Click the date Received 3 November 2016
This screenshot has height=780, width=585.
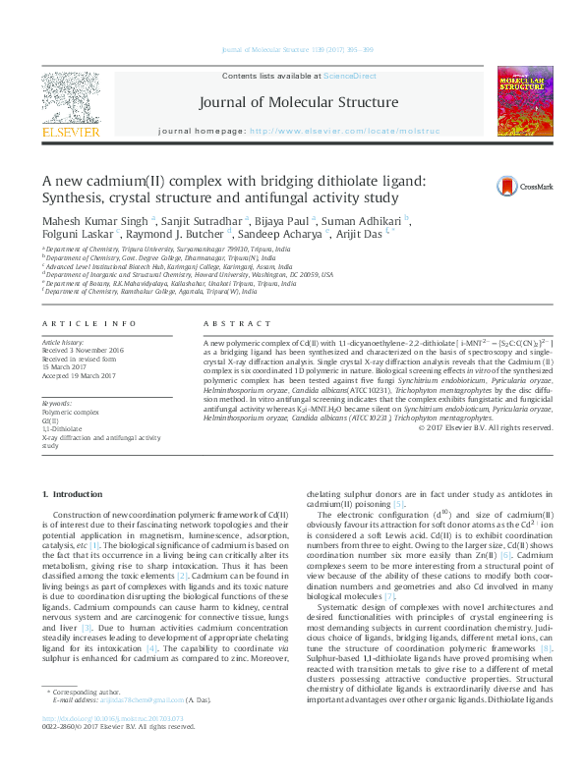85,349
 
